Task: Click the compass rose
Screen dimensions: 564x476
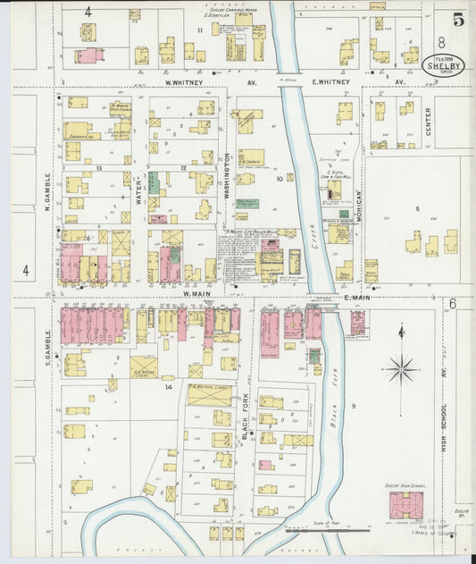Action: coord(402,367)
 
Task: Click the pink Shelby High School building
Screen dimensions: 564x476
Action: coord(406,505)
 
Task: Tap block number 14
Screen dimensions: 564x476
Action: coord(168,386)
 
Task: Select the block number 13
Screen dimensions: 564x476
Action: coord(99,167)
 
